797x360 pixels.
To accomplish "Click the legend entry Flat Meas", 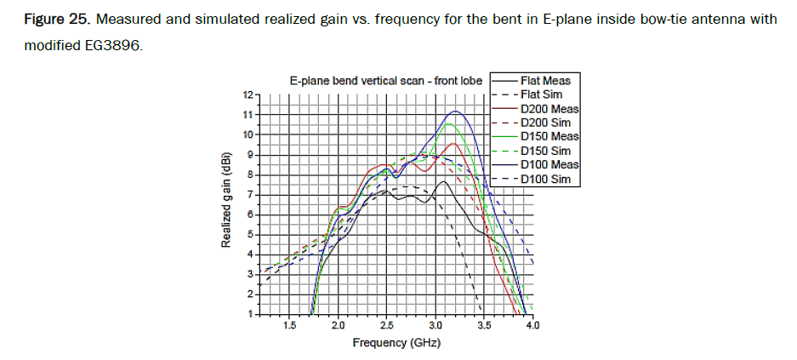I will pyautogui.click(x=544, y=81).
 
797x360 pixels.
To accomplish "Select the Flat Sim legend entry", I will pyautogui.click(x=543, y=94).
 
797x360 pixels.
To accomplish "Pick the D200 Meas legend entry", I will pyautogui.click(x=549, y=109).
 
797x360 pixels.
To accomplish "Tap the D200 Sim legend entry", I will pyautogui.click(x=547, y=123).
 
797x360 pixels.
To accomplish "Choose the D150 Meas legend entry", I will pyautogui.click(x=549, y=136).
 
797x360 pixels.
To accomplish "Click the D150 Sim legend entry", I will pyautogui.click(x=547, y=151).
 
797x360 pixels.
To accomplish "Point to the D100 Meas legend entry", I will pyautogui.click(x=549, y=164).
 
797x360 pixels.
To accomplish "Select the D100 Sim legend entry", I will pyautogui.click(x=547, y=179).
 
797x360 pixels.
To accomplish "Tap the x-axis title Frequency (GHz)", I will pyautogui.click(x=397, y=342).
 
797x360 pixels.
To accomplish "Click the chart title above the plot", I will pyautogui.click(x=386, y=81).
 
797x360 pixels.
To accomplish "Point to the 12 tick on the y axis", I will pyautogui.click(x=248, y=94).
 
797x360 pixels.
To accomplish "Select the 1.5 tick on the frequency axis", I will pyautogui.click(x=289, y=325).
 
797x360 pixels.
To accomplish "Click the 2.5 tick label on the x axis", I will pyautogui.click(x=387, y=325).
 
